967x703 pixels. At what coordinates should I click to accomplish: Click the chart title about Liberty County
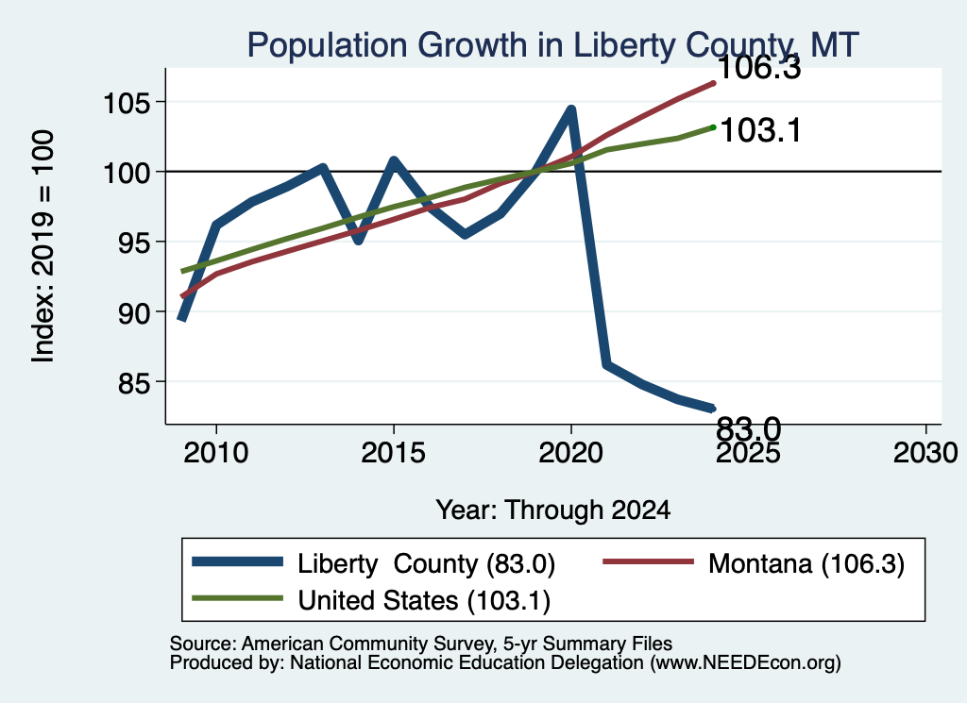click(552, 45)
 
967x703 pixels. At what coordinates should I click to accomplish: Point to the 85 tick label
click(134, 382)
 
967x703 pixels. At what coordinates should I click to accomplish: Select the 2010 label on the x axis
click(216, 453)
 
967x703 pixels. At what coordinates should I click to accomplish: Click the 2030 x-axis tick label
click(925, 453)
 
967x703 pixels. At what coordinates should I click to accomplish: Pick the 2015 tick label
click(394, 453)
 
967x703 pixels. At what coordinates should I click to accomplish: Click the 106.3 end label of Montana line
click(760, 68)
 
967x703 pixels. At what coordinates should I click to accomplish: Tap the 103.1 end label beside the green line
click(760, 130)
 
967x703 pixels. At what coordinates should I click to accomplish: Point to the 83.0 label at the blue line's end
click(749, 427)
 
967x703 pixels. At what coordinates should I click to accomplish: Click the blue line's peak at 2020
click(571, 109)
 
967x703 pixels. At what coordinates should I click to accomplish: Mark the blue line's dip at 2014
click(358, 240)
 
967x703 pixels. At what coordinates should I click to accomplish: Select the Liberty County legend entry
click(374, 563)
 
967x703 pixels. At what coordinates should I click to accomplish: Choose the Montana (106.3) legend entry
click(754, 563)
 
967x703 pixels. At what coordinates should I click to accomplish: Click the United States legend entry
click(371, 600)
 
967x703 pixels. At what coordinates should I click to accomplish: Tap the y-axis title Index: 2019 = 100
click(43, 246)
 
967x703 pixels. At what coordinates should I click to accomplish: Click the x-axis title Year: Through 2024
click(553, 510)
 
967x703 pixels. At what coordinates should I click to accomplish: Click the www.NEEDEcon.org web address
click(745, 663)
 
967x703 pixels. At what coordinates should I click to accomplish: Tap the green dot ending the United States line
click(713, 127)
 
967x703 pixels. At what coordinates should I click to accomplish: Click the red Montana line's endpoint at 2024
click(714, 82)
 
